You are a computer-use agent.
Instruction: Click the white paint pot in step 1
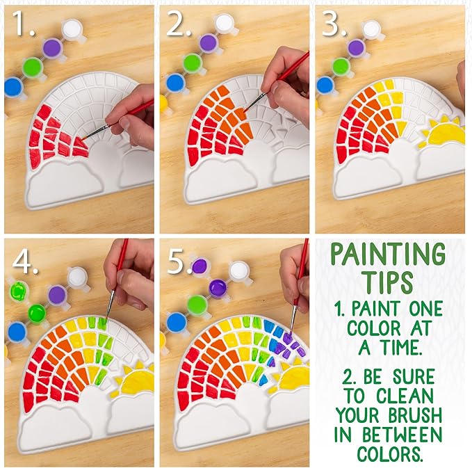point(72,29)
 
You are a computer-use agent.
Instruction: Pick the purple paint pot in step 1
point(51,47)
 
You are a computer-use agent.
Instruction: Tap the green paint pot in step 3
point(341,66)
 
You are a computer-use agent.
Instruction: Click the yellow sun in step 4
point(136,381)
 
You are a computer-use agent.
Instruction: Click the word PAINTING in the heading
point(388,255)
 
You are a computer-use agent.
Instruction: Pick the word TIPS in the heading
point(388,282)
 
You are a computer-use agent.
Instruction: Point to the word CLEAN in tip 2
point(407,398)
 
